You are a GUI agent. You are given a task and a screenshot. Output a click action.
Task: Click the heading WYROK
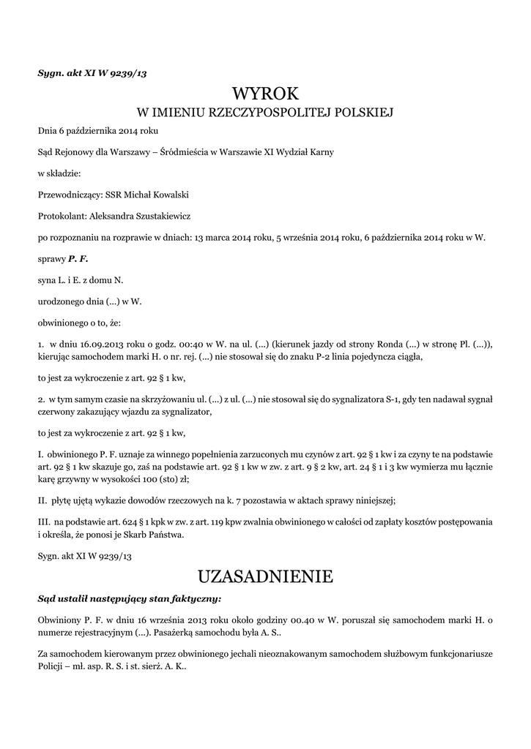pos(265,94)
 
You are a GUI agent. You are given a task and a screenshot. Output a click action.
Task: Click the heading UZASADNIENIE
pos(265,576)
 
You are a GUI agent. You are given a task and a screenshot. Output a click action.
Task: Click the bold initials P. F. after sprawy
pos(78,259)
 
